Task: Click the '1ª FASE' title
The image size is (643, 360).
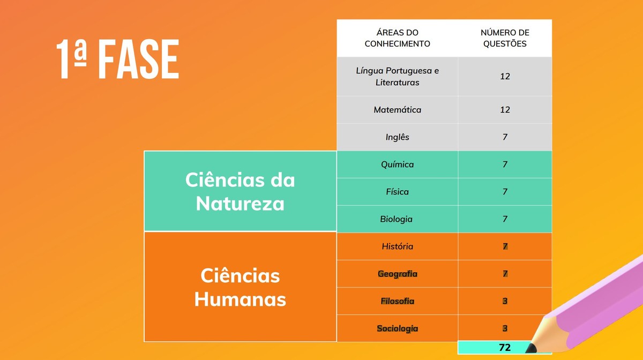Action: pyautogui.click(x=117, y=59)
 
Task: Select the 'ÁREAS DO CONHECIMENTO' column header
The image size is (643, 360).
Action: pyautogui.click(x=397, y=39)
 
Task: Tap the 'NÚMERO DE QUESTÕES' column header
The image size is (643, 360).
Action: pyautogui.click(x=505, y=39)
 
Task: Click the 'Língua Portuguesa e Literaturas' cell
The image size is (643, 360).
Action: pyautogui.click(x=397, y=77)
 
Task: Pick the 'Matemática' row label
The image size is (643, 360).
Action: pyautogui.click(x=397, y=110)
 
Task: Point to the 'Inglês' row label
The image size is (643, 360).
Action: pyautogui.click(x=397, y=137)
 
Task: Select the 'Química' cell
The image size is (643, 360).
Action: pyautogui.click(x=397, y=164)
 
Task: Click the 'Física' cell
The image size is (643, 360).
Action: pyautogui.click(x=397, y=192)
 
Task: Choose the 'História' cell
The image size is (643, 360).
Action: pyautogui.click(x=397, y=246)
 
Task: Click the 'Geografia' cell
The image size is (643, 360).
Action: pyautogui.click(x=397, y=274)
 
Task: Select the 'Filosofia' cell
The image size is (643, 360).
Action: pyautogui.click(x=397, y=301)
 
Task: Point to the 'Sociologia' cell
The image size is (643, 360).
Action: pyautogui.click(x=397, y=328)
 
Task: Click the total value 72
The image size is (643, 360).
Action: pyautogui.click(x=504, y=348)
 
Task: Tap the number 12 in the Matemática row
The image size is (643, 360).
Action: pyautogui.click(x=505, y=110)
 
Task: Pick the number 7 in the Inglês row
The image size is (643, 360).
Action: pyautogui.click(x=505, y=137)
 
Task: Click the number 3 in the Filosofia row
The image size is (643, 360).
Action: pyautogui.click(x=505, y=301)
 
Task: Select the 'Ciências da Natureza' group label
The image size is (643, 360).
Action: pyautogui.click(x=240, y=191)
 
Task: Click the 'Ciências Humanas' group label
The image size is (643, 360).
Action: pyautogui.click(x=240, y=287)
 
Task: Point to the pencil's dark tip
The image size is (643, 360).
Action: pyautogui.click(x=530, y=349)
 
